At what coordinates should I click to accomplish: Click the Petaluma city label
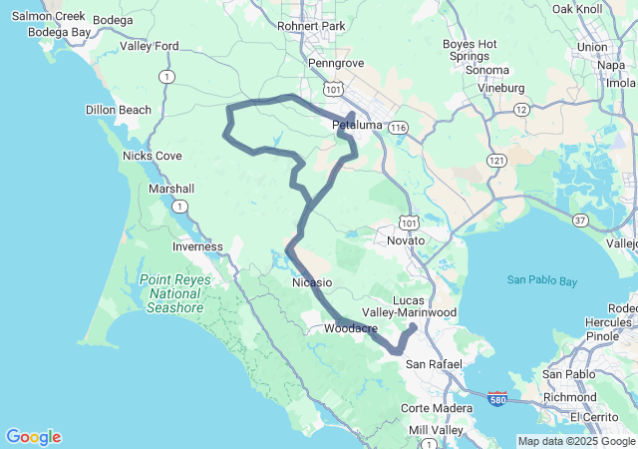click(356, 127)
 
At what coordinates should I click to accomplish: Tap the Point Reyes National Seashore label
click(175, 293)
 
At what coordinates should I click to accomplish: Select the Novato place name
click(406, 240)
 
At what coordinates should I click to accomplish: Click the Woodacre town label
click(348, 325)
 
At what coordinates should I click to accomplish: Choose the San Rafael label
click(434, 364)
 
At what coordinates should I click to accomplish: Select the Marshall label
click(170, 189)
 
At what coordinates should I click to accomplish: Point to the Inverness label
click(197, 246)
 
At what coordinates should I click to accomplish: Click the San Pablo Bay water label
click(541, 281)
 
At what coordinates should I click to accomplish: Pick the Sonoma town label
click(486, 71)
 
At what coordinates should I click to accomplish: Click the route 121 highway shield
click(495, 160)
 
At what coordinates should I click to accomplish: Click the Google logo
click(33, 437)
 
